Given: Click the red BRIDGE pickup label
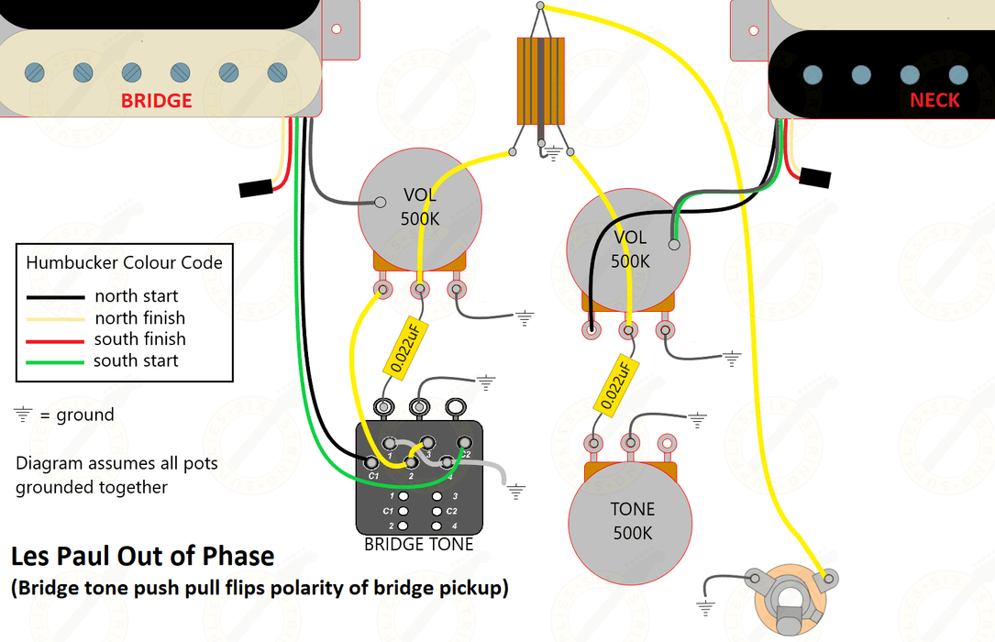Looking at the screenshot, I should click(157, 100).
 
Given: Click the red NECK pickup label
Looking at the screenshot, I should click(934, 100).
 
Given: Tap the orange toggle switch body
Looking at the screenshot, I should click(542, 81).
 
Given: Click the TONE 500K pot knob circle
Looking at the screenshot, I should click(633, 521).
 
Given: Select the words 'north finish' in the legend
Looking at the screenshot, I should click(140, 318).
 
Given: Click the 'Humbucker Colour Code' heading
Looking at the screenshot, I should click(124, 262).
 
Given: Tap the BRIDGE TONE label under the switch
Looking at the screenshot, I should click(419, 545).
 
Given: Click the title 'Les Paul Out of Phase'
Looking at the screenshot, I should click(142, 556).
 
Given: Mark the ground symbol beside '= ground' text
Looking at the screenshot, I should click(23, 415).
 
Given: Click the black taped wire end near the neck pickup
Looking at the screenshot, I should click(814, 179).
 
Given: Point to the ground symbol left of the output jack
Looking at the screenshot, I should click(706, 606).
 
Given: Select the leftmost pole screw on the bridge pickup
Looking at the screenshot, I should click(34, 72).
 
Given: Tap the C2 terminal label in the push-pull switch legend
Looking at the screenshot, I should click(451, 511).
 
